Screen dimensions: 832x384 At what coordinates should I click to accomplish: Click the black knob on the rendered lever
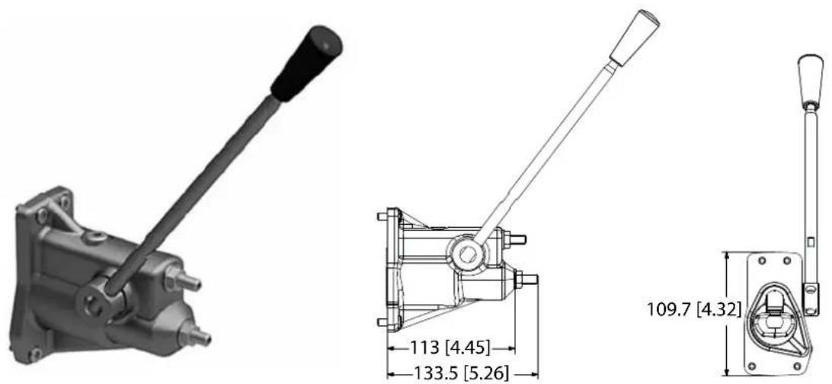[307, 62]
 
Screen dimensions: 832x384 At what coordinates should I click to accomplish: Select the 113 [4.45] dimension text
[450, 348]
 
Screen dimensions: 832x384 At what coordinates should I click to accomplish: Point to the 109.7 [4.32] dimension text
[694, 309]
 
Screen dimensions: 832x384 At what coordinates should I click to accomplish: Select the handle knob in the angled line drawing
[635, 37]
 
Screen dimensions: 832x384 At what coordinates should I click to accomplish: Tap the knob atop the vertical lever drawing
[811, 78]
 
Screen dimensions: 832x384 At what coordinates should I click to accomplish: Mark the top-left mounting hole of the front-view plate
[761, 261]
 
